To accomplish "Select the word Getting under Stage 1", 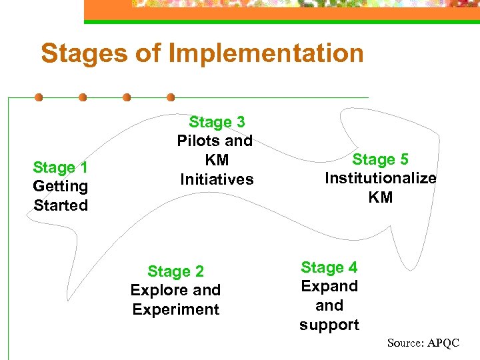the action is point(60,186).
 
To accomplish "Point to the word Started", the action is point(61,205).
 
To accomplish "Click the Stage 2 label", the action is point(175,271).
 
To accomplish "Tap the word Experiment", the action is point(175,309).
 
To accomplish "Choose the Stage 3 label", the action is point(217,122).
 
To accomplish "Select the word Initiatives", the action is point(217,179).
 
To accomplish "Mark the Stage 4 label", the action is point(329,267).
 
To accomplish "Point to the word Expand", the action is point(329,286).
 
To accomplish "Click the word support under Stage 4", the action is point(329,325).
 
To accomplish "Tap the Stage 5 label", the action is point(380,159).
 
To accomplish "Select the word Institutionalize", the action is point(381,178).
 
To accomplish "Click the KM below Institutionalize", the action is point(381,197).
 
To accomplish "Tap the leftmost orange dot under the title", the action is point(39,97).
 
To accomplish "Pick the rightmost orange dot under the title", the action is point(171,97).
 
